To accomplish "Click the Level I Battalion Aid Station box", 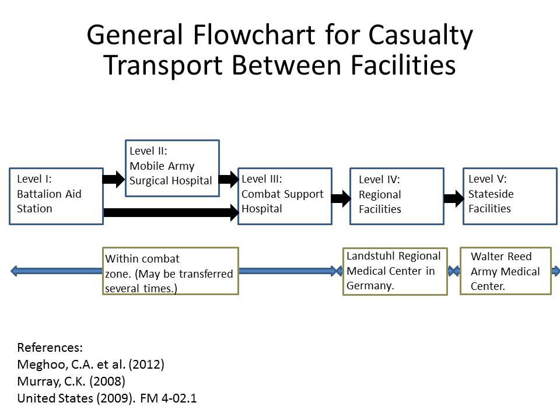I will [56, 196].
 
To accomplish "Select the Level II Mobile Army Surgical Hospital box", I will [172, 167].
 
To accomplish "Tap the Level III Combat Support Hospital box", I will [285, 196].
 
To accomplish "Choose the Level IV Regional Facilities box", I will [397, 196].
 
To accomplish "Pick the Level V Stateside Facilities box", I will [510, 196].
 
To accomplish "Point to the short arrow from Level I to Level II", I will [114, 179].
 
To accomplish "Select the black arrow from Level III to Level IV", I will [341, 199].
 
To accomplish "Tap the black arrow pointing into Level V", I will [453, 199].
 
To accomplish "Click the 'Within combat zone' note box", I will [170, 271].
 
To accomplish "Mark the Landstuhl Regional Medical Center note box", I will [394, 271].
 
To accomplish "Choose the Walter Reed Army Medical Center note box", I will [505, 271].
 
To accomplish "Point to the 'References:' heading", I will [50, 348].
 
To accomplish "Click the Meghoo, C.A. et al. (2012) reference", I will [91, 365].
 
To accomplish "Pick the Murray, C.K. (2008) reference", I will [71, 381].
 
